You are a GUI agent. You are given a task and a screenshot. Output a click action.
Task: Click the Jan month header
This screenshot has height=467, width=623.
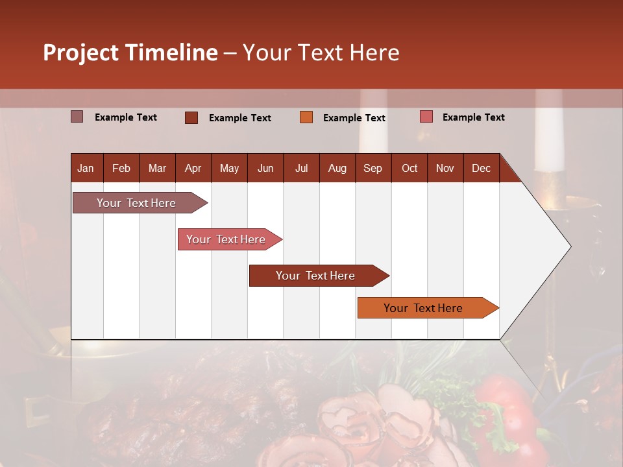click(86, 168)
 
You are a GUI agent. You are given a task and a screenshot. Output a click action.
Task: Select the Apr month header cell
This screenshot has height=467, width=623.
click(193, 168)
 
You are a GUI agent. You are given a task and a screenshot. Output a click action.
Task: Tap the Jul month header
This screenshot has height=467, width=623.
click(301, 168)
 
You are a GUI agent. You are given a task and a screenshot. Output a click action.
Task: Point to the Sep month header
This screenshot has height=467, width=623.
click(373, 168)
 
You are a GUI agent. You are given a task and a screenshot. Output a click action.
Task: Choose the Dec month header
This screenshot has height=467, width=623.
click(481, 168)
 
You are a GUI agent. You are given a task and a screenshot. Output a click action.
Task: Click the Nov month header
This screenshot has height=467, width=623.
click(445, 168)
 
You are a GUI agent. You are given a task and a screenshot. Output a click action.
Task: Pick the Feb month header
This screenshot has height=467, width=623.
click(121, 168)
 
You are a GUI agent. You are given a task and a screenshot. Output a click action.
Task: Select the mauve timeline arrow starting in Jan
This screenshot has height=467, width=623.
click(136, 203)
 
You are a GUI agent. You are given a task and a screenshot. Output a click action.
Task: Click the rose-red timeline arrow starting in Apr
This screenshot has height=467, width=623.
click(226, 239)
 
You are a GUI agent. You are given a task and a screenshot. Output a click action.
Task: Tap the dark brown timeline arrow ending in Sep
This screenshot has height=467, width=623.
click(315, 276)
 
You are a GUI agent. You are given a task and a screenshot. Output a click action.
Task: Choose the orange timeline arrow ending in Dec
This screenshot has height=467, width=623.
click(423, 308)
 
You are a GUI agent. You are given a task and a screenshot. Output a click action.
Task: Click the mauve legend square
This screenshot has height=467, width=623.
click(77, 117)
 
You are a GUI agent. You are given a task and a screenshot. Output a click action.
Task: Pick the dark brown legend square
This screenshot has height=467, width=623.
click(191, 117)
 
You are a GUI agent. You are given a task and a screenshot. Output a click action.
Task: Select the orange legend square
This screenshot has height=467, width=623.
click(306, 117)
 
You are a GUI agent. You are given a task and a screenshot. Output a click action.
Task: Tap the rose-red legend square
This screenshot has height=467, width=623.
click(426, 117)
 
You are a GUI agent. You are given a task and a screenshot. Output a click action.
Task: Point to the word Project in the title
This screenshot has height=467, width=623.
click(80, 53)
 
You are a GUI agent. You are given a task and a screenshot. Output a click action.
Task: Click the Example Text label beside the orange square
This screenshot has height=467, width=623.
click(354, 117)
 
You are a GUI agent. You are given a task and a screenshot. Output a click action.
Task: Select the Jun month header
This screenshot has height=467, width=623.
click(265, 168)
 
